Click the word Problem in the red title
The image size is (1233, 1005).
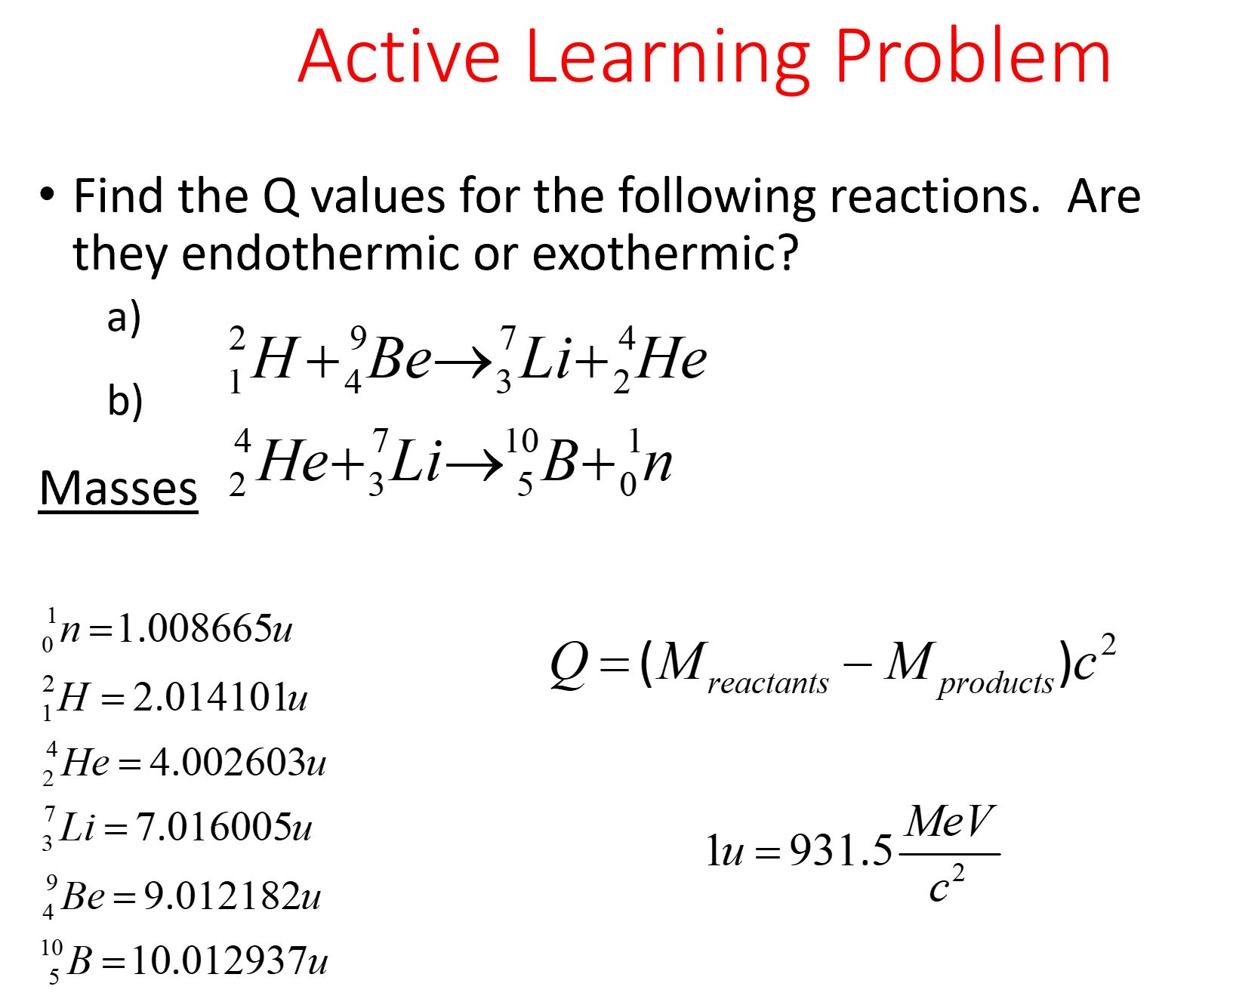(973, 57)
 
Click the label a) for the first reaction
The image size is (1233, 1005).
(124, 317)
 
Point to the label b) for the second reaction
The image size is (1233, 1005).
(125, 400)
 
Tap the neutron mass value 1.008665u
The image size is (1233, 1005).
(205, 628)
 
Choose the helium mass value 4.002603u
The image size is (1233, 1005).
(238, 763)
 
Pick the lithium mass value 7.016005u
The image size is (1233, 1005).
(223, 828)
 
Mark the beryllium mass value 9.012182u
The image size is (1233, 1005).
(232, 896)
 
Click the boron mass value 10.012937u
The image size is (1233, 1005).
(230, 961)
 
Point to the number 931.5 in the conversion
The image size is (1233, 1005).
(840, 851)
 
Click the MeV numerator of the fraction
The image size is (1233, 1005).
(950, 822)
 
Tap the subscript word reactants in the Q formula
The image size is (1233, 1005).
(768, 683)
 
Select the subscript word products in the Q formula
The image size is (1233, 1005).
(995, 683)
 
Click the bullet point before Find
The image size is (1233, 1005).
(48, 195)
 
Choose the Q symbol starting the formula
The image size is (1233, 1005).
(569, 664)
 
